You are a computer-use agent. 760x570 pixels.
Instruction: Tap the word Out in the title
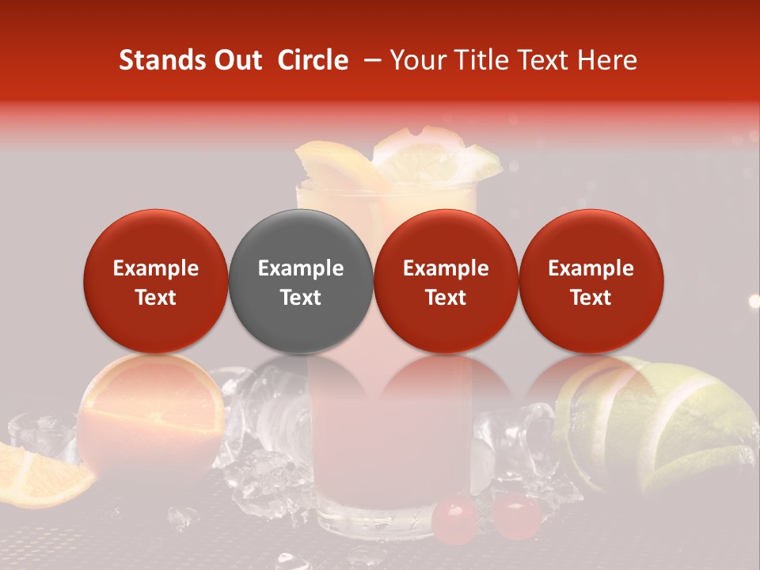(236, 60)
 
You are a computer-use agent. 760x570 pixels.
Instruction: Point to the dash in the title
(369, 60)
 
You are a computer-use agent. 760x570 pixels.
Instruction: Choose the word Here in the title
(606, 60)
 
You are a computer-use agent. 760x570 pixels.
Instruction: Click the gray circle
(300, 281)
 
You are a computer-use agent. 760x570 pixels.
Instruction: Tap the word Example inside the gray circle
(300, 268)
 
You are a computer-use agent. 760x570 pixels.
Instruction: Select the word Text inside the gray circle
(300, 298)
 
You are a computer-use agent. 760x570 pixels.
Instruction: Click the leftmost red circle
(155, 281)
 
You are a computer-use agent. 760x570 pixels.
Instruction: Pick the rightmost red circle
(591, 281)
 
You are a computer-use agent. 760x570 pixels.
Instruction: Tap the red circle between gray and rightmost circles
(446, 281)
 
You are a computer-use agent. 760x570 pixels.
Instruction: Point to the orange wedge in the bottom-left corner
(40, 475)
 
